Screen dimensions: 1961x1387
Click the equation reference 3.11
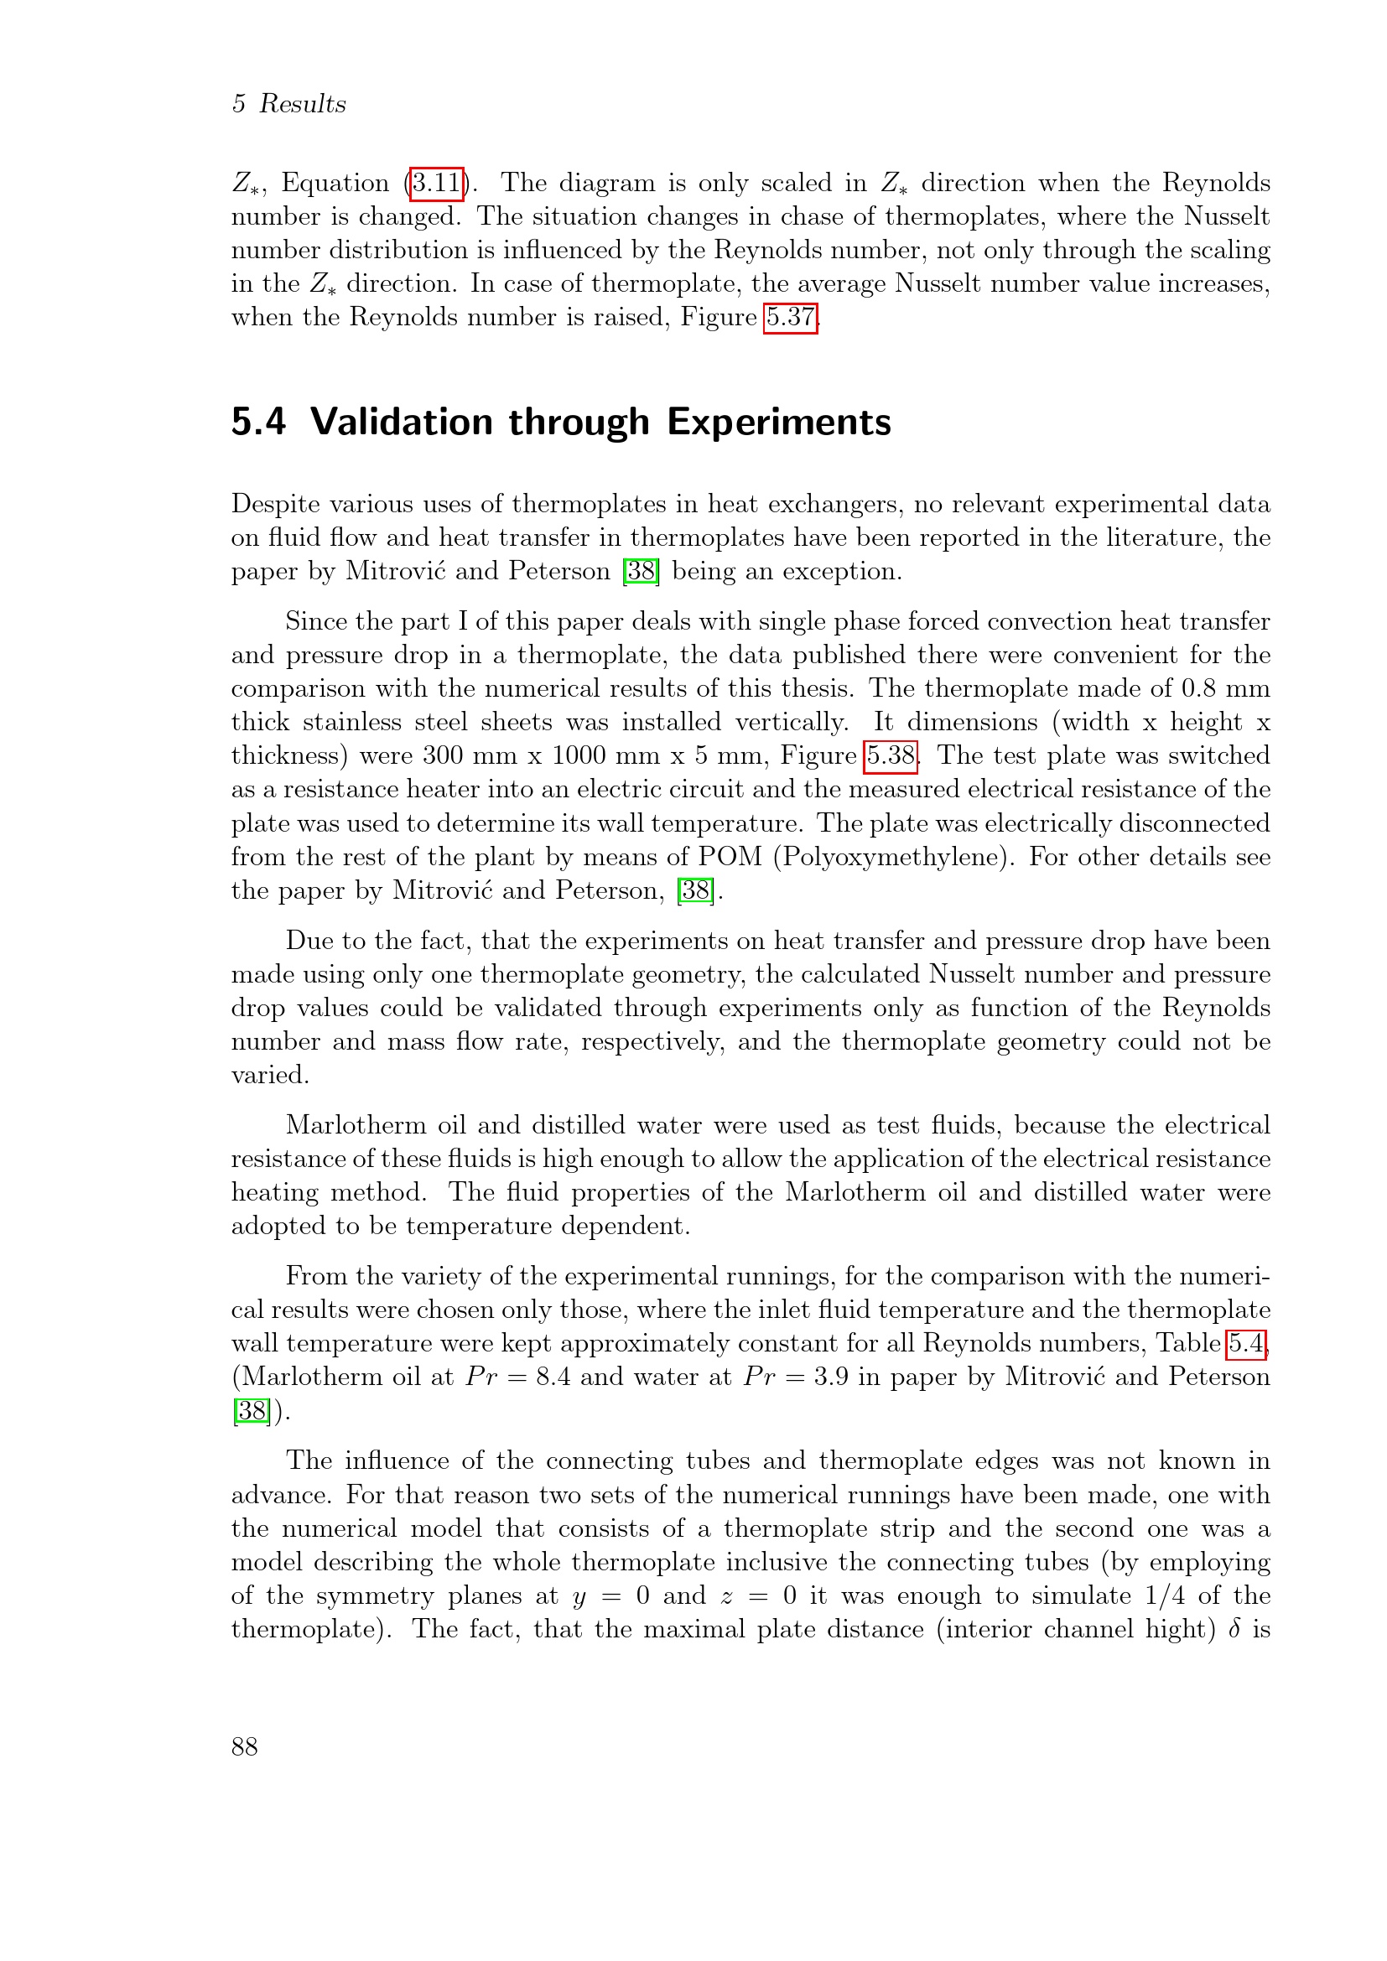tap(436, 183)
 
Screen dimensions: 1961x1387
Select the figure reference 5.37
tap(790, 318)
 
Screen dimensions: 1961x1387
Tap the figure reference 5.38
tap(891, 756)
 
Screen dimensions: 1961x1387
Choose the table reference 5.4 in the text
tap(1246, 1343)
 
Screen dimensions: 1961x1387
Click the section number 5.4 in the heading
tap(258, 422)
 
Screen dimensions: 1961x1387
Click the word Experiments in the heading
tap(778, 422)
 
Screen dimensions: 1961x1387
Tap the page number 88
tap(244, 1746)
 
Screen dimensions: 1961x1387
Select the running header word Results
tap(303, 104)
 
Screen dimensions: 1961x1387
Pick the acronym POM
tap(730, 857)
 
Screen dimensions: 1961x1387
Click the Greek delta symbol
tap(1234, 1629)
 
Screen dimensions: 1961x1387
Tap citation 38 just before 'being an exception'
tap(642, 571)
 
